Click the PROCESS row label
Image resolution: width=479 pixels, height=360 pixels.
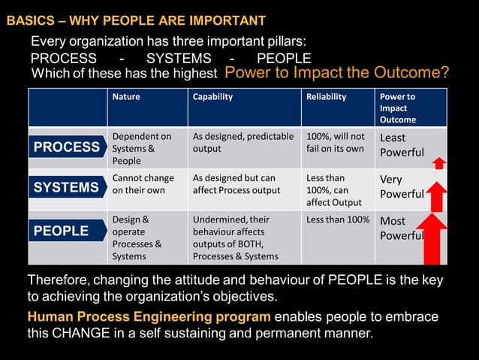coord(67,147)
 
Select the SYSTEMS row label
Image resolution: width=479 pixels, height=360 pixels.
coord(67,187)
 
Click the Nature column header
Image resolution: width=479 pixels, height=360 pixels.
coord(126,97)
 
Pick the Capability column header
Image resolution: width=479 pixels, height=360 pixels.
coord(212,97)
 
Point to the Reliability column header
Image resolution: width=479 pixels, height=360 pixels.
coord(326,97)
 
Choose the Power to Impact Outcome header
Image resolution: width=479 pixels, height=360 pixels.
coord(397,107)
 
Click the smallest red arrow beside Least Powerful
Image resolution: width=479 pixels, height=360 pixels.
coord(439,162)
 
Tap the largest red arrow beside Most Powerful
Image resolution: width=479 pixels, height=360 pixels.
coord(432,239)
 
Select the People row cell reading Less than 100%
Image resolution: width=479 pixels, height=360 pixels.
coord(337,219)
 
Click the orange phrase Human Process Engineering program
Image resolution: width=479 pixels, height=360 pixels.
coord(149,316)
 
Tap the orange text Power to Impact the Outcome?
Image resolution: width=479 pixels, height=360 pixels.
coord(337,73)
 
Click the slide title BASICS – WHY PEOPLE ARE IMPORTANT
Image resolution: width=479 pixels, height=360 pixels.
coord(136,20)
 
